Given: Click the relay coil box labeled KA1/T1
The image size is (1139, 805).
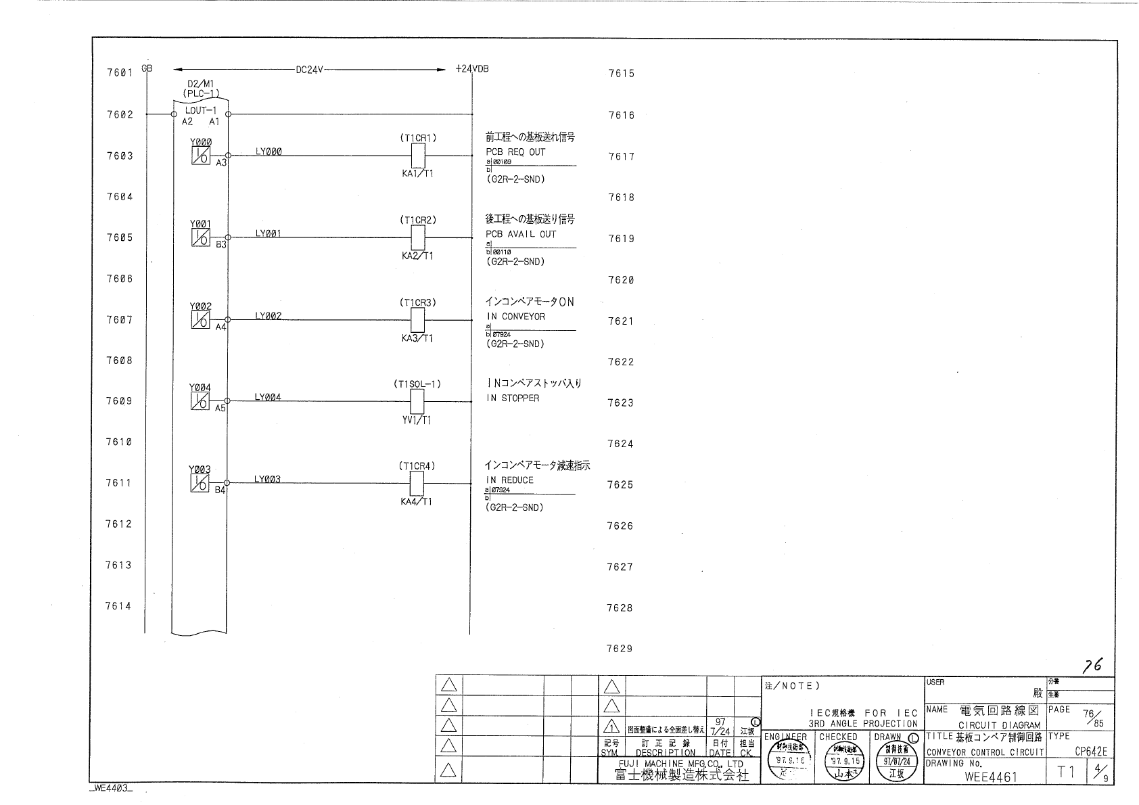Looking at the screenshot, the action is click(418, 156).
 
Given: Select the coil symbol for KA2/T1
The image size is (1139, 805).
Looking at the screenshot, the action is click(418, 237).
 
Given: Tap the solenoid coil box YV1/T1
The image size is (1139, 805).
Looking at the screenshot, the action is click(418, 402).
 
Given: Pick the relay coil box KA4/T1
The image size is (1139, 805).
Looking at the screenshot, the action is click(418, 484).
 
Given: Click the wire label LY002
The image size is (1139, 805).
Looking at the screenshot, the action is click(269, 316).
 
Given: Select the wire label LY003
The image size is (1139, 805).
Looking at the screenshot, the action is click(268, 480).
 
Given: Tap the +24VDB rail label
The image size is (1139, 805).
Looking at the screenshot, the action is click(472, 69).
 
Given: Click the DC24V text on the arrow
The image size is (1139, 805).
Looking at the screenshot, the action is click(310, 69).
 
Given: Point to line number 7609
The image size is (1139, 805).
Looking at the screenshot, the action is click(118, 401).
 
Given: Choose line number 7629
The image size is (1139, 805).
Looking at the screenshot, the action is click(620, 649).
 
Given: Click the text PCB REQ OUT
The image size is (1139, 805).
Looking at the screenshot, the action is click(515, 152).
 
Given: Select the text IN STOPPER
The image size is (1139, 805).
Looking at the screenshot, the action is click(513, 398).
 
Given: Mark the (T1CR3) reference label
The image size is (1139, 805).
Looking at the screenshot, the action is click(418, 302).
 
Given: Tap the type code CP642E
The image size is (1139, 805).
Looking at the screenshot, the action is click(1091, 752).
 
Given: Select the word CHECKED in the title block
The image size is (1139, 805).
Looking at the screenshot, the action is click(838, 737).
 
